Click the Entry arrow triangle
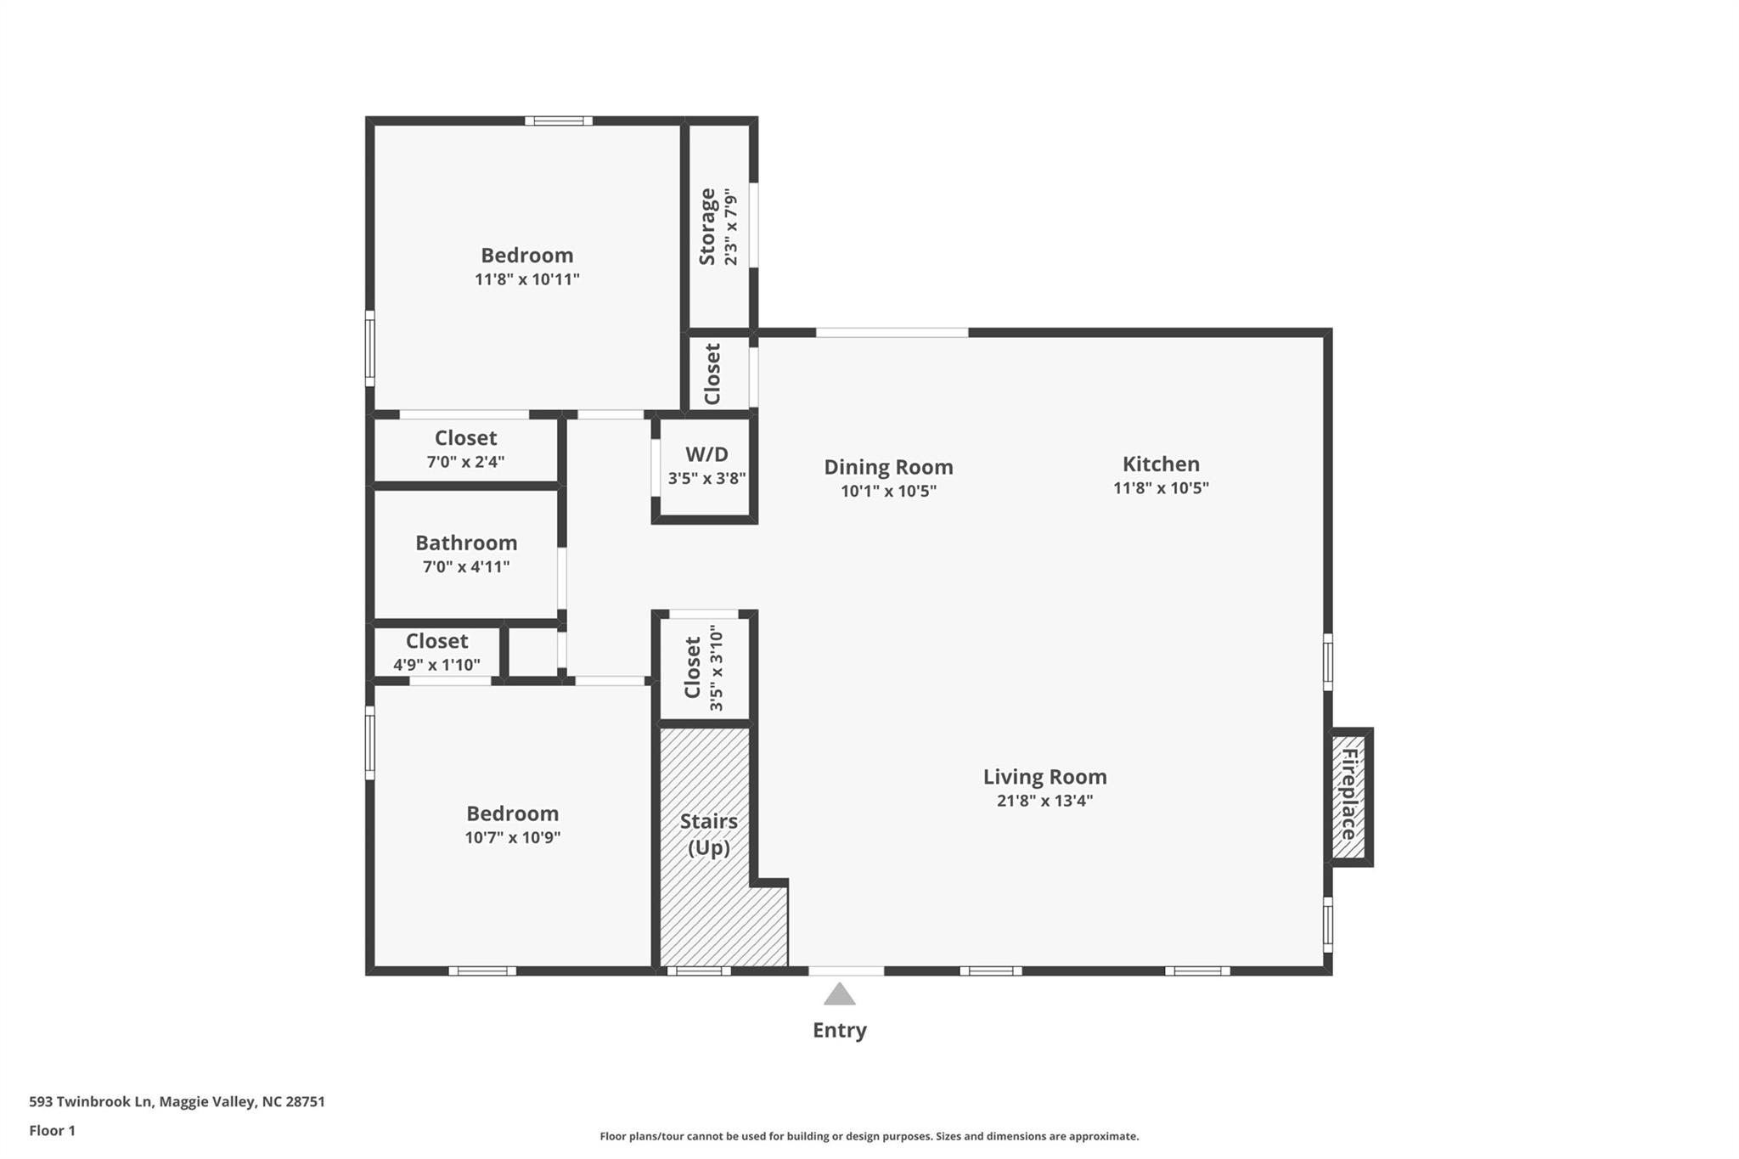tap(839, 994)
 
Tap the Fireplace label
tap(1348, 795)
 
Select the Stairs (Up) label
tap(708, 834)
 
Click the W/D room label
tap(706, 454)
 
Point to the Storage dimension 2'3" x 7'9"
tap(731, 227)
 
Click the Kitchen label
tap(1161, 464)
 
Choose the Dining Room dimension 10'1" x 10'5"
tap(888, 491)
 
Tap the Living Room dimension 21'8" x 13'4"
tap(1044, 800)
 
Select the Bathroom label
tap(466, 543)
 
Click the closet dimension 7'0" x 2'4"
tap(465, 462)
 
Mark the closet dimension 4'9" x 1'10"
tap(436, 665)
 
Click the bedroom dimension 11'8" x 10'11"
tap(527, 279)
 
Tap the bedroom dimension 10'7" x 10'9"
tap(512, 837)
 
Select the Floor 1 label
tap(52, 1130)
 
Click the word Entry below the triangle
tap(839, 1030)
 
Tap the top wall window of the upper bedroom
tap(558, 121)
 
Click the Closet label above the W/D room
tap(712, 374)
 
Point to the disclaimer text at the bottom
tap(869, 1136)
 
